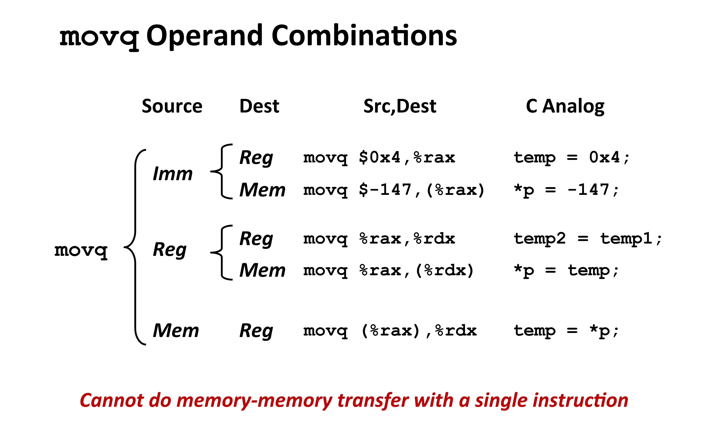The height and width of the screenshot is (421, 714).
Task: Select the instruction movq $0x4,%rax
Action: pos(379,158)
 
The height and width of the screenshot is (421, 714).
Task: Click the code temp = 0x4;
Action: pos(572,158)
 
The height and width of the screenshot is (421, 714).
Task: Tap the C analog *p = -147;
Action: pos(566,190)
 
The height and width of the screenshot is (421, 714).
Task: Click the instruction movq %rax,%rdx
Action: pos(379,239)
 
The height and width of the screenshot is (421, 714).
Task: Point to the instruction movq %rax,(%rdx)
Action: pos(388,271)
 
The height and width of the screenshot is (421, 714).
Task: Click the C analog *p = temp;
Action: pos(566,271)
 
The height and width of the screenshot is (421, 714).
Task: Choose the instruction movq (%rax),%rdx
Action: pos(390,331)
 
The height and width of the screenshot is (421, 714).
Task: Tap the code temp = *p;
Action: pos(566,331)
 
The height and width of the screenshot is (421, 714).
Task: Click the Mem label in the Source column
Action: pos(176,331)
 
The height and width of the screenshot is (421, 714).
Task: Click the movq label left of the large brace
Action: pos(81,251)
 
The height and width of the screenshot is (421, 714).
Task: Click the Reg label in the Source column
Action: pos(170,250)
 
